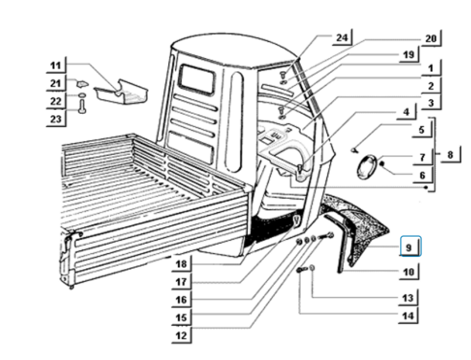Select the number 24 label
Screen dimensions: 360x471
click(342, 37)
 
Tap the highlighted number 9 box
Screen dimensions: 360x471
click(410, 247)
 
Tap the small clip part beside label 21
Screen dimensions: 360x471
click(80, 81)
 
